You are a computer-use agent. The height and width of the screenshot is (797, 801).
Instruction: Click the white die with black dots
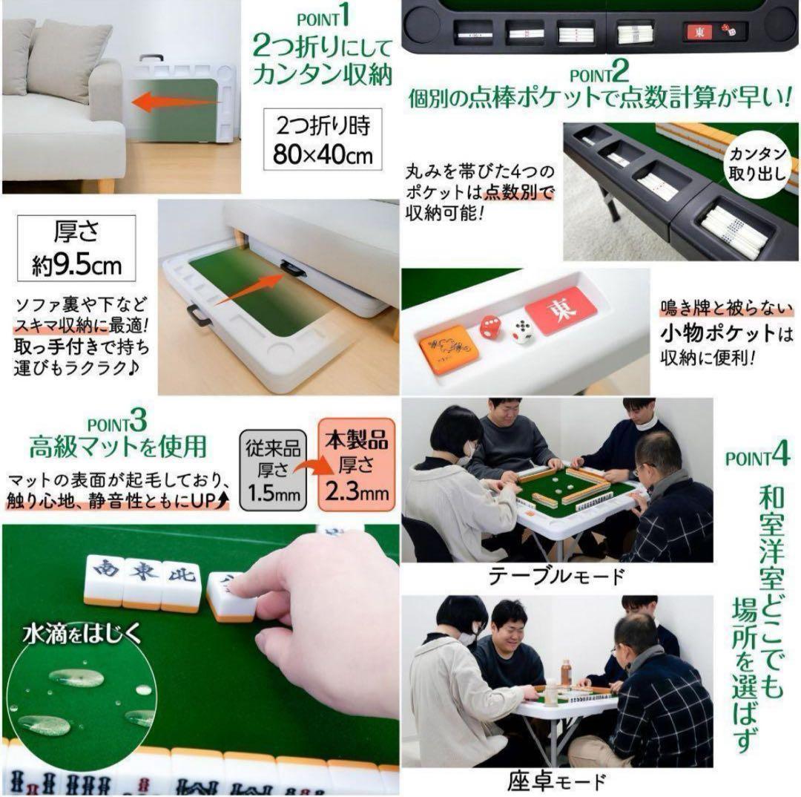[524, 332]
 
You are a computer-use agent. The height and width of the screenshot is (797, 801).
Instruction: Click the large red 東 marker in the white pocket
[561, 309]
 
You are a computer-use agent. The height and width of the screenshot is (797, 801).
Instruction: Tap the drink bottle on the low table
[566, 672]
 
